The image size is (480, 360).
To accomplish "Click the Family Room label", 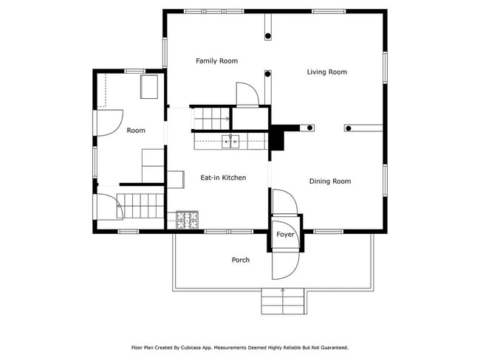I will (x=216, y=60).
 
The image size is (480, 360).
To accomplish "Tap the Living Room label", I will (x=327, y=72).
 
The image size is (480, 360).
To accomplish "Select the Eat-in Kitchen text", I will (x=223, y=178).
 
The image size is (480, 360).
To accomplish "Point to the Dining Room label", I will (x=329, y=181).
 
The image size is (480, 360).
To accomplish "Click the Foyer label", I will (x=285, y=235).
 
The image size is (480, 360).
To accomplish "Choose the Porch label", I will (x=240, y=260).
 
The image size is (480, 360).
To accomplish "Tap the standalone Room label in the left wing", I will (x=136, y=130).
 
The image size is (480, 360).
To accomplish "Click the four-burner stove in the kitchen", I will (x=188, y=219).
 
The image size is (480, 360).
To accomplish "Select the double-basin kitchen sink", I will (x=230, y=141).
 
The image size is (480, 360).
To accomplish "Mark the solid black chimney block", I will (x=278, y=138).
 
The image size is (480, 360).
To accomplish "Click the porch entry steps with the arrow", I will (x=284, y=300).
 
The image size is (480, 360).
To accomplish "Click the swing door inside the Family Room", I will (x=246, y=94).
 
